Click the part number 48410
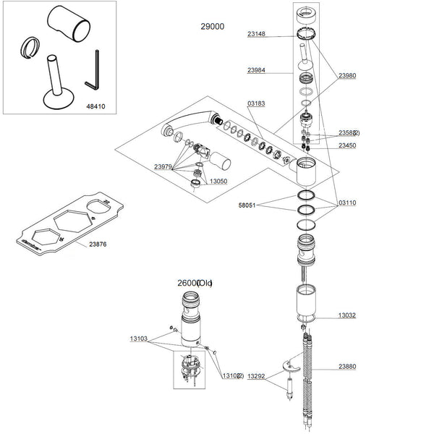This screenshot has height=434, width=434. coord(96,105)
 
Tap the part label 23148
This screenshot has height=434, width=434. coord(258,33)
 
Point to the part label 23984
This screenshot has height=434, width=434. coord(258,70)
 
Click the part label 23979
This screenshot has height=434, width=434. coord(163,167)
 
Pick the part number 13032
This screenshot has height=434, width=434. coord(348,316)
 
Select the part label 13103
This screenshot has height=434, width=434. coord(140,338)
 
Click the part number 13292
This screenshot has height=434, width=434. coord(258,376)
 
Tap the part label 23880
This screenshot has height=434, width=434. coord(348,367)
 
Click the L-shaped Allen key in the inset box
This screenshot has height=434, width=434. coord(95,69)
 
